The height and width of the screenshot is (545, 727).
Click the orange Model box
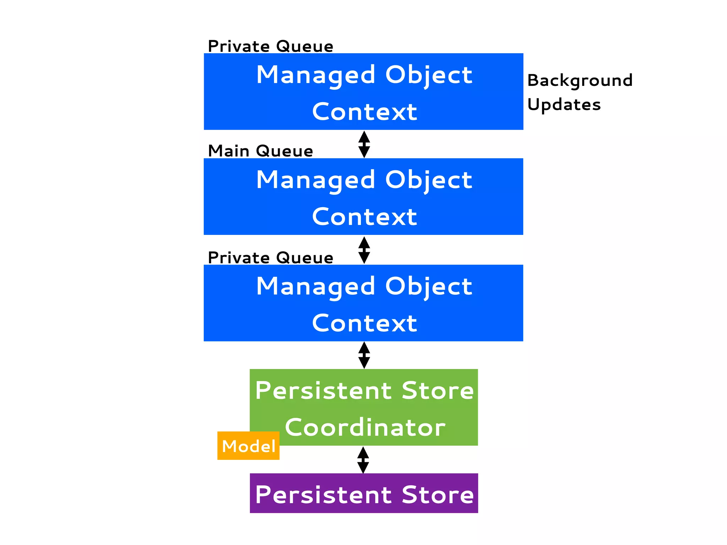248,446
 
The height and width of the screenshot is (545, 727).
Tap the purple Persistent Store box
364,493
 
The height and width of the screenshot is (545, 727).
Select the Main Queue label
260,151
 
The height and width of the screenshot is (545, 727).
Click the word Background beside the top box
580,81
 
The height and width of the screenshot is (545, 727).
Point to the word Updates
564,105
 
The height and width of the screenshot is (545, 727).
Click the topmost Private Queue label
270,46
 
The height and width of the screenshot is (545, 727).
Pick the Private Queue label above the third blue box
270,258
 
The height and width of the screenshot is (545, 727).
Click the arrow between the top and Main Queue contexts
364,144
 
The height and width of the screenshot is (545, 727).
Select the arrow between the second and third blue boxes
364,250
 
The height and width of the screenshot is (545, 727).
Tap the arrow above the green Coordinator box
364,355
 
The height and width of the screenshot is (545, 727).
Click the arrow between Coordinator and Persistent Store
363,460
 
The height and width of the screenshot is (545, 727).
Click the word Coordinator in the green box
365,427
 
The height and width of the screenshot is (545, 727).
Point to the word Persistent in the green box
323,390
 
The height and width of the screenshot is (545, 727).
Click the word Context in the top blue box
365,112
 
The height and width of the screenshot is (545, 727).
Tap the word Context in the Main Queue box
365,217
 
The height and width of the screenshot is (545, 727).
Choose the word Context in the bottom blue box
365,323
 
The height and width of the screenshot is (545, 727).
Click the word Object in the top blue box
428,75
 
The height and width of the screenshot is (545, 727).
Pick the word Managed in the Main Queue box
316,180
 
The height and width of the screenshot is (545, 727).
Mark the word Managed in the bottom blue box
316,287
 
